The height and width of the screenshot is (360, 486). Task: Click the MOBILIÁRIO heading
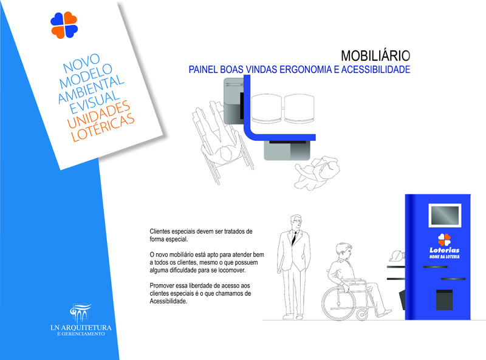point(375,56)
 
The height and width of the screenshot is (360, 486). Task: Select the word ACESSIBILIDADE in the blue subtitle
point(375,69)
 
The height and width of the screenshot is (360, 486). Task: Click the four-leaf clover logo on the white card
point(64,25)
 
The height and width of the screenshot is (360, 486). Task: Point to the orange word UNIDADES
point(98,114)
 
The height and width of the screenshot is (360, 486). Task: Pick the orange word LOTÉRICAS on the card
point(103,127)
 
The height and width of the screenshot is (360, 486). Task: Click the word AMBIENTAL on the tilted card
point(91,89)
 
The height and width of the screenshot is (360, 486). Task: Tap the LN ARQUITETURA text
point(81,327)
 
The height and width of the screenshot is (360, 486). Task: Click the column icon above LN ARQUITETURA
point(80,313)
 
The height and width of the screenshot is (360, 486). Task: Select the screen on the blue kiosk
point(445,216)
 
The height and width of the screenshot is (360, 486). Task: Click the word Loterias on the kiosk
point(445,250)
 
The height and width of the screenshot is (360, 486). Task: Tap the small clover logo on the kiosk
point(444,239)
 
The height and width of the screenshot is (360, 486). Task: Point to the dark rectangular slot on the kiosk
point(444,299)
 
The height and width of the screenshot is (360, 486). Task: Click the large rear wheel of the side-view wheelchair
point(338,302)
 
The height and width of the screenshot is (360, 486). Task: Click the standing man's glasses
point(297,221)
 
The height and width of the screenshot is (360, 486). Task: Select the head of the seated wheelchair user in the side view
point(344,251)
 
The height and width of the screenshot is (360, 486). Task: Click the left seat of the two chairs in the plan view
point(267,108)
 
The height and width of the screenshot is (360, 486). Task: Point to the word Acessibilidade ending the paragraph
point(168,301)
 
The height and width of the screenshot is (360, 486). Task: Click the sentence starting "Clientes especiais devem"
point(201,235)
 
